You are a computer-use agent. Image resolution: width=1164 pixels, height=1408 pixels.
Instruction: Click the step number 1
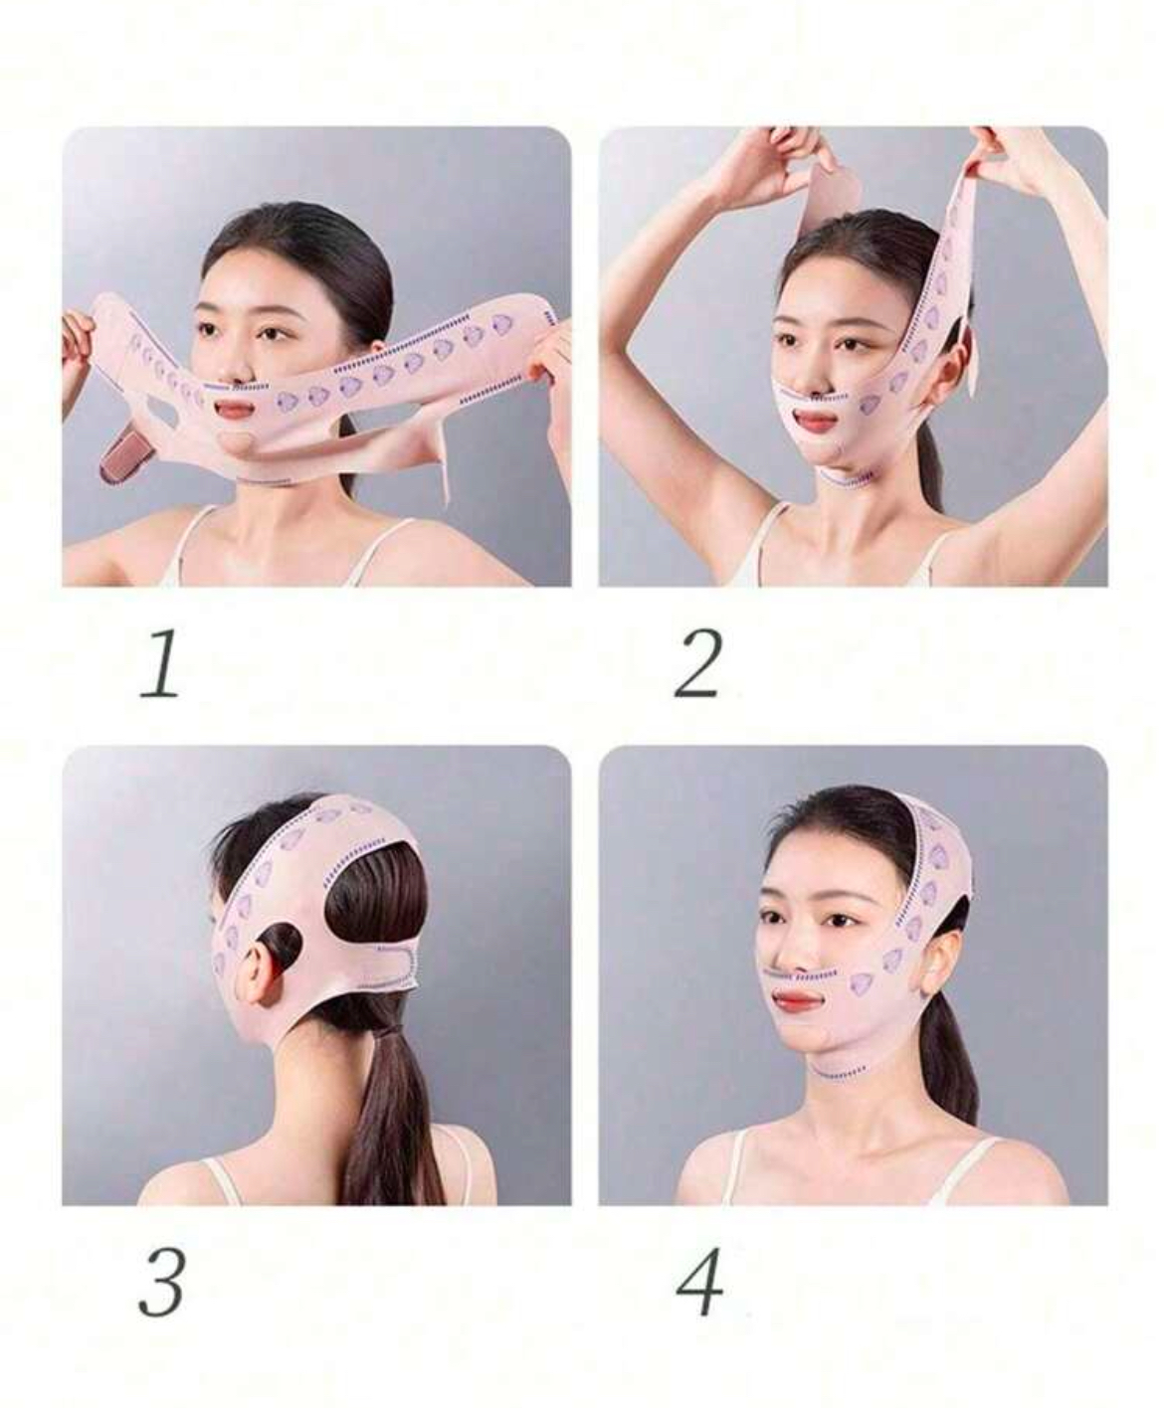pyautogui.click(x=160, y=664)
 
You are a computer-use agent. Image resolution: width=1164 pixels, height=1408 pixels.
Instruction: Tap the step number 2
pyautogui.click(x=697, y=663)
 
